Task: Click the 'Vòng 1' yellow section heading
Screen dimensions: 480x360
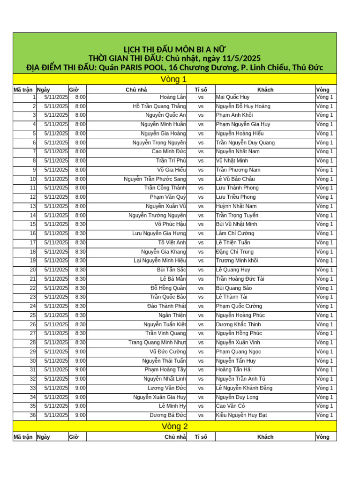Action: [x=174, y=79]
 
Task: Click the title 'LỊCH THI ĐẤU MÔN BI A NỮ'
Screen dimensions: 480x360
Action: [x=174, y=50]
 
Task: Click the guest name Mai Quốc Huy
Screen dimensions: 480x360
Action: [x=233, y=97]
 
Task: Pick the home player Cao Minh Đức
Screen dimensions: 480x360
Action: [x=169, y=151]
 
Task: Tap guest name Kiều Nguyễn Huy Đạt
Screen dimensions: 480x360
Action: [x=241, y=415]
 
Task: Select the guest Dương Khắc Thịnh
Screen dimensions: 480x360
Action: [x=239, y=324]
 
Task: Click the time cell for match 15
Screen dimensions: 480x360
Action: [x=80, y=224]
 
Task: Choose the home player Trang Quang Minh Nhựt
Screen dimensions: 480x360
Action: [x=157, y=343]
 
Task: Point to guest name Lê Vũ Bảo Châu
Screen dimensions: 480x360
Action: [x=236, y=179]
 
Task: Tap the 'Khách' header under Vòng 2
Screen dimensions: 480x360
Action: [x=265, y=437]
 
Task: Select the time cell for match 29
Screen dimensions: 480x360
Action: [x=80, y=352]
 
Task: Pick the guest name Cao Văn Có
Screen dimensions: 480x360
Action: [x=231, y=406]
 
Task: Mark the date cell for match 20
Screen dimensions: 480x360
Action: [x=56, y=270]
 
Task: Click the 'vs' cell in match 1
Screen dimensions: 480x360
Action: [x=201, y=97]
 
